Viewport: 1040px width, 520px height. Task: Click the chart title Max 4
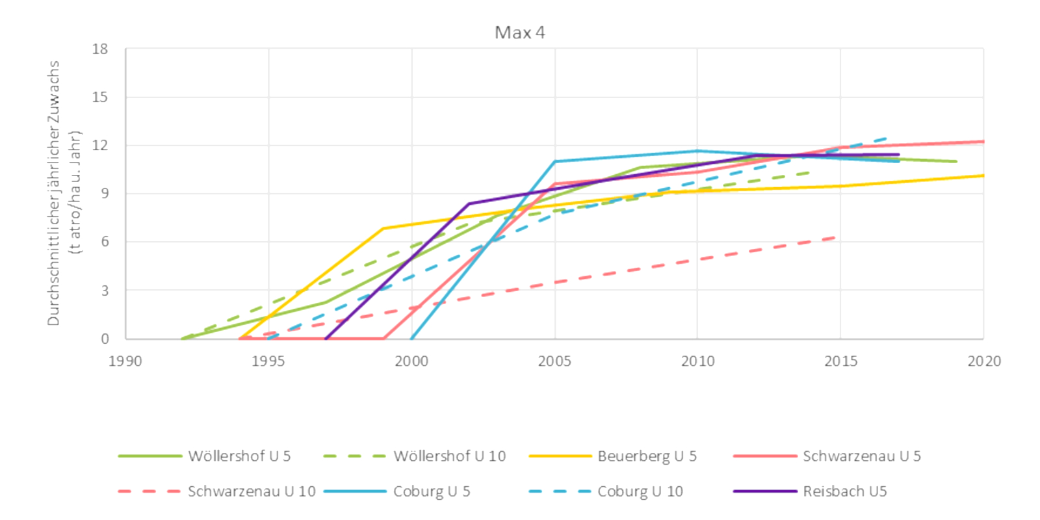point(519,32)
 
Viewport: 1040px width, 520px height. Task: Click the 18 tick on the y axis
point(100,49)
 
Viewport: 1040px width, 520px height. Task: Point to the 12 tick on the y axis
point(100,146)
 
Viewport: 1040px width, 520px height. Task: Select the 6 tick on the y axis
point(104,242)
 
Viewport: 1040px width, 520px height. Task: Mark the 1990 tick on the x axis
point(125,361)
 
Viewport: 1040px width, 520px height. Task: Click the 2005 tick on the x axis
point(554,361)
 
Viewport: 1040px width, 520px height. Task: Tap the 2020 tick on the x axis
point(983,361)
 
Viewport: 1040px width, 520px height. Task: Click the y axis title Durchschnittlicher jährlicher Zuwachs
point(53,193)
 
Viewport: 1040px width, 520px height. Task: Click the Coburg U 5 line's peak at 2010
point(697,151)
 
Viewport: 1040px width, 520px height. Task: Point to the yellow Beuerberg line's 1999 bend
point(383,228)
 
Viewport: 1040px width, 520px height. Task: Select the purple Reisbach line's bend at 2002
point(469,203)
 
